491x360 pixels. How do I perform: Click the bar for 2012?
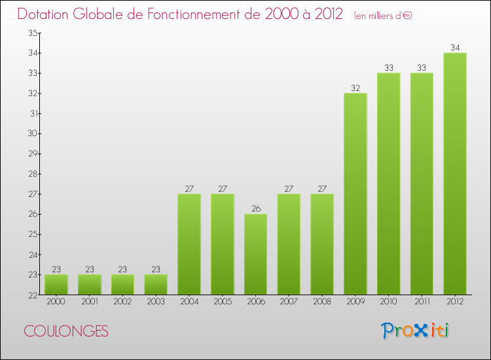[x=455, y=173]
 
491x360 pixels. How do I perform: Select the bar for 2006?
[x=255, y=254]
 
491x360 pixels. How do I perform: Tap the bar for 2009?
[x=355, y=194]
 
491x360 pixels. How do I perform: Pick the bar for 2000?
[x=56, y=285]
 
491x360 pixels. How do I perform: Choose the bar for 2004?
[x=189, y=244]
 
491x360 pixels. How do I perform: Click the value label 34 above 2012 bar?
[x=455, y=47]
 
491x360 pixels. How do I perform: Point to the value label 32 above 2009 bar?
[x=355, y=88]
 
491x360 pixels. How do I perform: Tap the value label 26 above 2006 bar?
[x=255, y=209]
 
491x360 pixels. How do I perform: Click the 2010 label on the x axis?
[x=389, y=302]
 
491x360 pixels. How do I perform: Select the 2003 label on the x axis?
[x=156, y=302]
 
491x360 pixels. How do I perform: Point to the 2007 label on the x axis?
[x=289, y=302]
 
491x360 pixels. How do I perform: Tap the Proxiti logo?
[x=416, y=331]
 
